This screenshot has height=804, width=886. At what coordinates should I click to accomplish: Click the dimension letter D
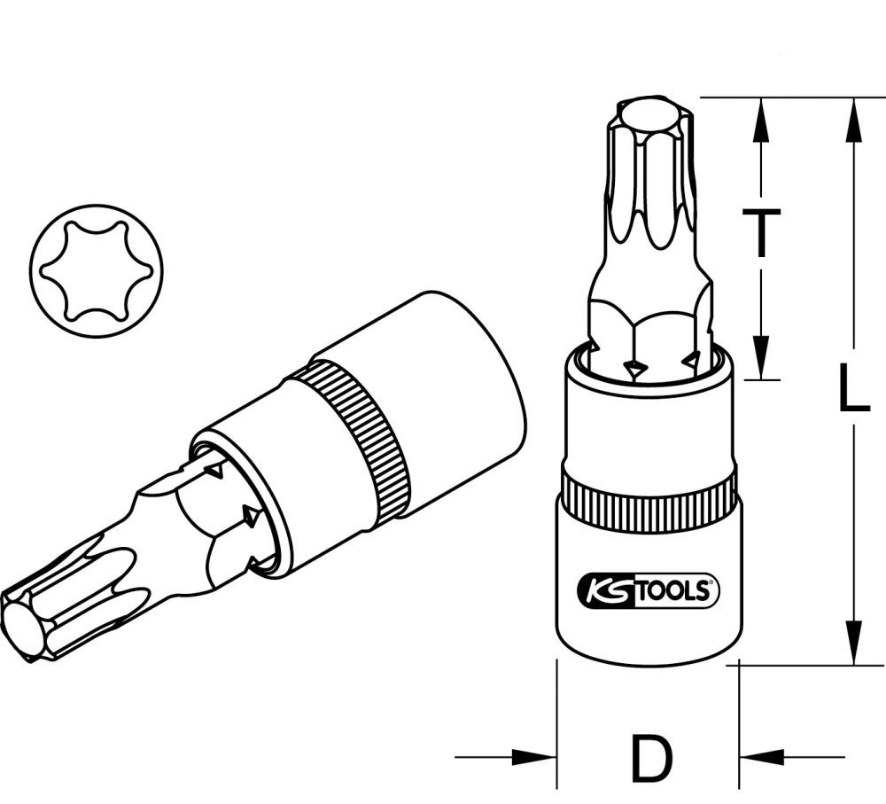click(651, 759)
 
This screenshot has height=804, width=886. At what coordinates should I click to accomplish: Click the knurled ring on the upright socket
click(649, 503)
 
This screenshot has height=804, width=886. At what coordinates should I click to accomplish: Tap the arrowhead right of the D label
click(764, 758)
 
